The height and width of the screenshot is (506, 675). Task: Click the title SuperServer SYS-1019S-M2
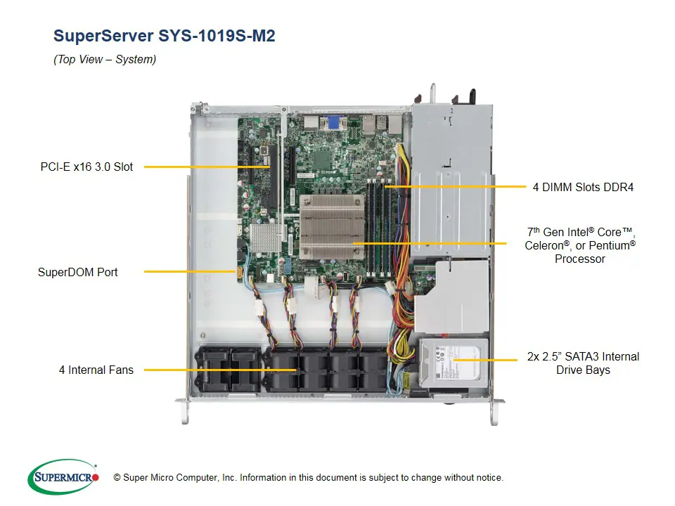tap(164, 36)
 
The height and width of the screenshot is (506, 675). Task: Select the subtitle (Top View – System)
tap(105, 60)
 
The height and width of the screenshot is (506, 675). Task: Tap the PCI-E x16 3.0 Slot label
tap(86, 167)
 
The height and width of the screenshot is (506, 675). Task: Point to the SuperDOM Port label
tap(78, 272)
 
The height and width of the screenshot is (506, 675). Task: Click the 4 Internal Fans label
tap(96, 370)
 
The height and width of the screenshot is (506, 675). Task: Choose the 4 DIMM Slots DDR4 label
tap(583, 188)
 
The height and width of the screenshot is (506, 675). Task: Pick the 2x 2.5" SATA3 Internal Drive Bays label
tap(583, 363)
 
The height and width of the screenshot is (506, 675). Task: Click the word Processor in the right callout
tap(579, 259)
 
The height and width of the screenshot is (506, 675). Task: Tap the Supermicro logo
tap(63, 477)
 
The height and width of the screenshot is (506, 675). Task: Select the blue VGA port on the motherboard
tap(333, 123)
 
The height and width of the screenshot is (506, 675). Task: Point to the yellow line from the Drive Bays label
tap(485, 360)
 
